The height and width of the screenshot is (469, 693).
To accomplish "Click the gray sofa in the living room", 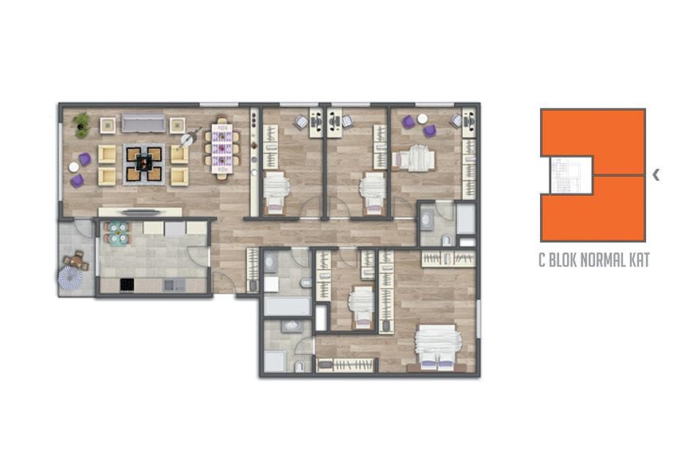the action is pos(143,123).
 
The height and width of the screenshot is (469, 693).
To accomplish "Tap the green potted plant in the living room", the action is pos(82,124).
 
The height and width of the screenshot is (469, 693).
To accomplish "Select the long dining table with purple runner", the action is pos(221,148).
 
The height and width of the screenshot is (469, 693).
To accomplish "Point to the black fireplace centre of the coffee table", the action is pos(143,164).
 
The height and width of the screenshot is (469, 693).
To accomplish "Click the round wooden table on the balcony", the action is pos(76,260).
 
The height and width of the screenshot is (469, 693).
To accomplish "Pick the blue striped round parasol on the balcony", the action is pos(70,278).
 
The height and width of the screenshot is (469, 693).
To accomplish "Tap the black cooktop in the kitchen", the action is pos(127,285).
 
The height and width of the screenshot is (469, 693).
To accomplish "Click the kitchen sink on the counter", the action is pos(174,285).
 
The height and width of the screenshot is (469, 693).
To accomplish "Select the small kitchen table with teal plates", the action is pos(117,233).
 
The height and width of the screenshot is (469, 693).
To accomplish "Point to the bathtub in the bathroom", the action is pos(288,306).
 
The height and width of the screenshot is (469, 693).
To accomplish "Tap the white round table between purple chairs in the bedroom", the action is pos(422,119).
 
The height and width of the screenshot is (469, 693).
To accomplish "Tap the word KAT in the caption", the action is pos(640,260).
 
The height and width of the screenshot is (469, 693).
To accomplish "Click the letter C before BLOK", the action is pos(542,260).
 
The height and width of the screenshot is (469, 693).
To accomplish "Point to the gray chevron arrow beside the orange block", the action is pos(656,175).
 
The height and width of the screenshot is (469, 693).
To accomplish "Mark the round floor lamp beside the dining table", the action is pos(187,139).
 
